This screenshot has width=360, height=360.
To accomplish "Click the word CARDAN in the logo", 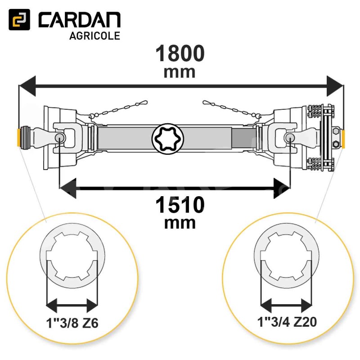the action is [x=80, y=20].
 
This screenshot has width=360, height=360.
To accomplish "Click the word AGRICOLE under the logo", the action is [x=94, y=36].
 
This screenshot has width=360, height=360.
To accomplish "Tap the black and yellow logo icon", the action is [x=19, y=19].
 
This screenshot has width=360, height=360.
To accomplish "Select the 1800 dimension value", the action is [x=180, y=53].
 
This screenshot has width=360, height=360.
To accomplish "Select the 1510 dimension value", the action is [x=180, y=205].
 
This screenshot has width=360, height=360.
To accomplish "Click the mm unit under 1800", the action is [x=180, y=72].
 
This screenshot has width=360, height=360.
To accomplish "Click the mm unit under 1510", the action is [x=180, y=223].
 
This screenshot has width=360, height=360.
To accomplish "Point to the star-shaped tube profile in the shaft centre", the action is [x=168, y=138].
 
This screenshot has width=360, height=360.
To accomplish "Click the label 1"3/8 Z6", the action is [x=72, y=323].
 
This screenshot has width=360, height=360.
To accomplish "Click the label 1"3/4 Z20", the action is [x=287, y=322].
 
